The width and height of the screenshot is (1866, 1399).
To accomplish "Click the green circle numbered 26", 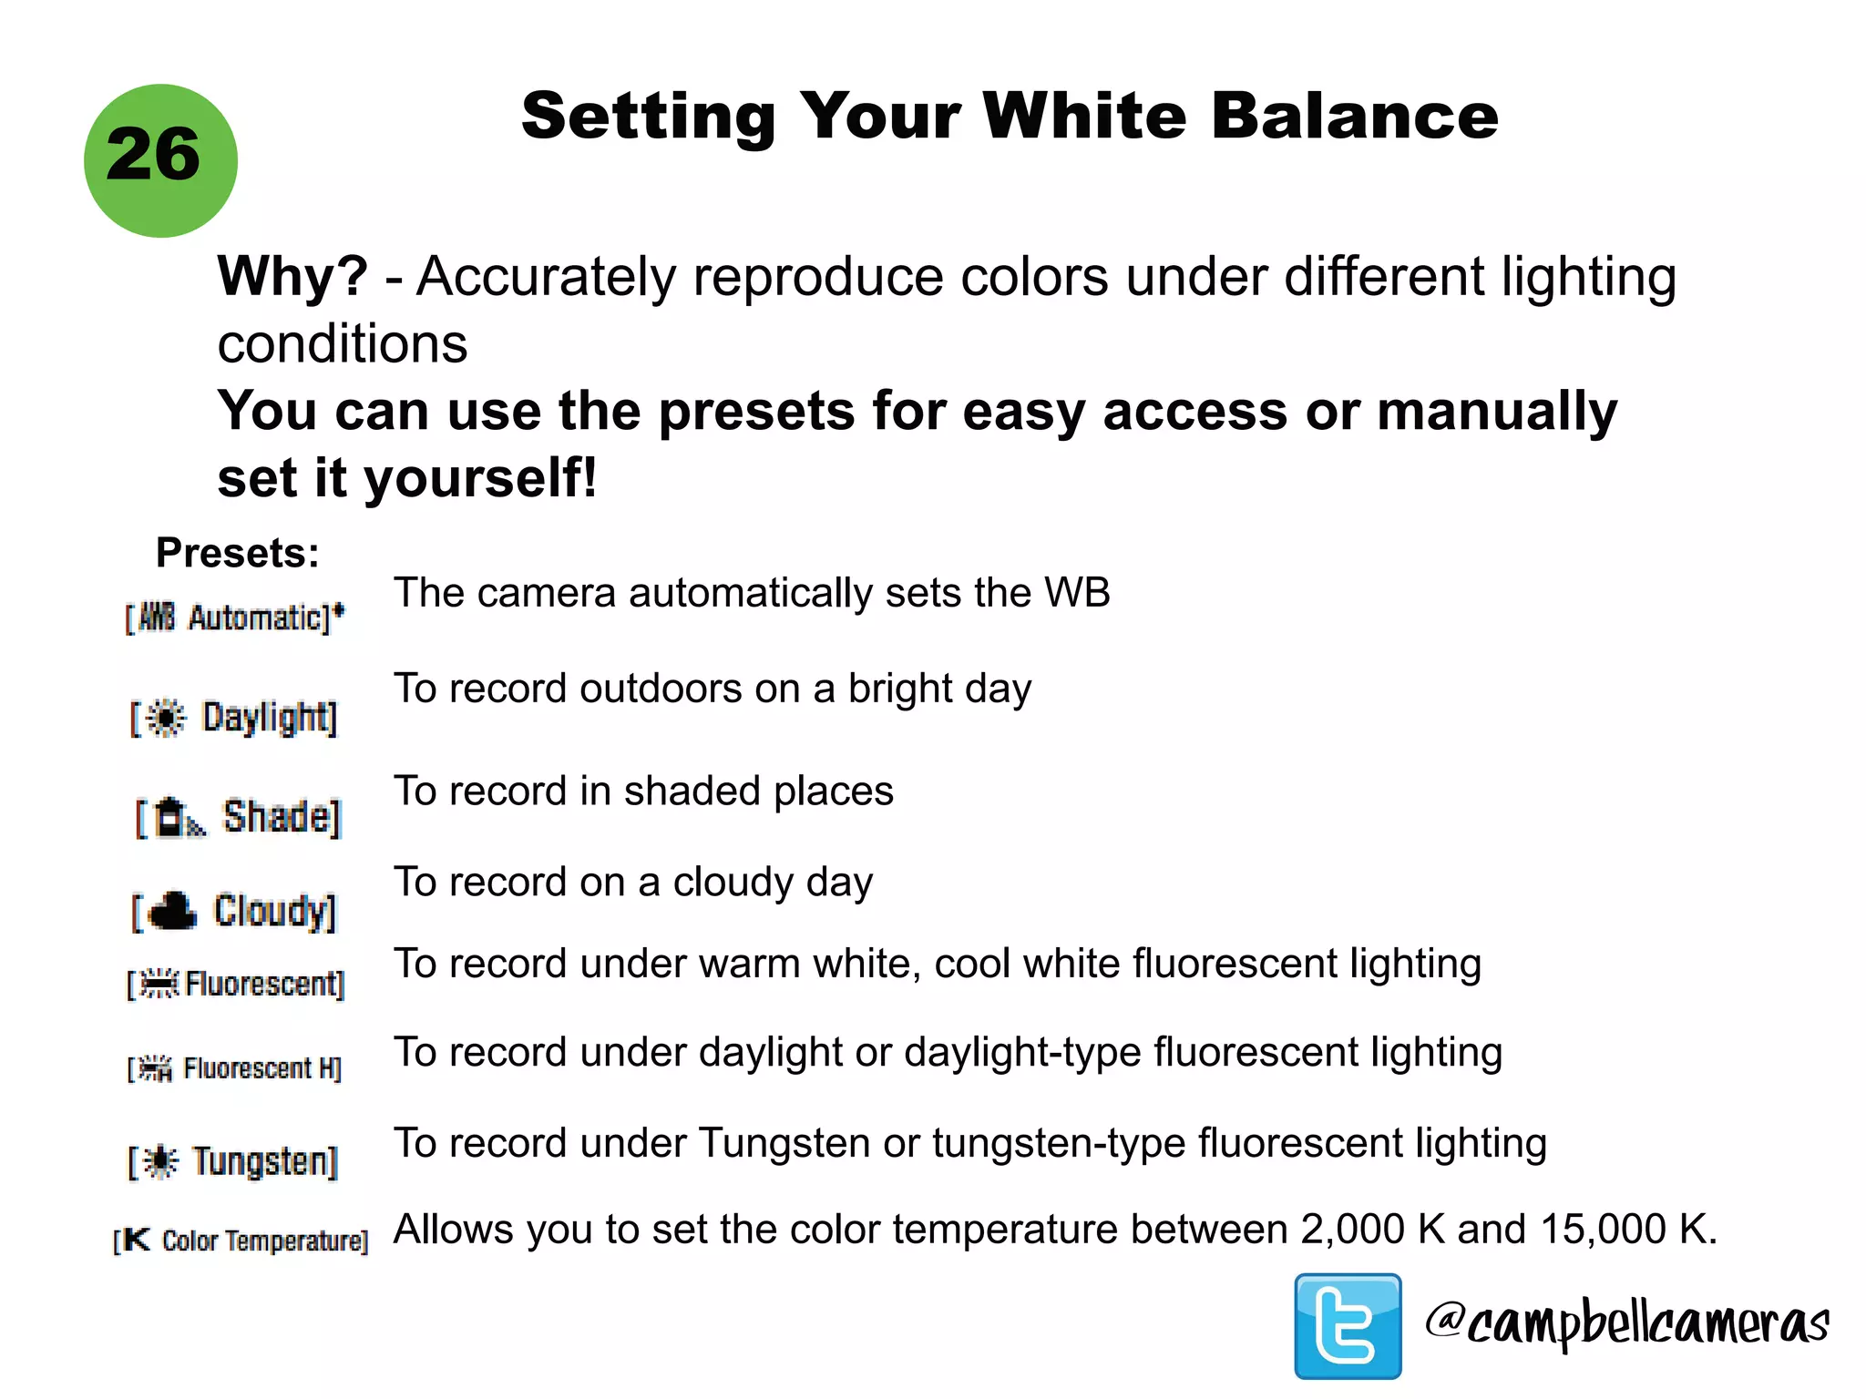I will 160,160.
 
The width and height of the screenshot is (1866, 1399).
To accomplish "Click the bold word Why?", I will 292,276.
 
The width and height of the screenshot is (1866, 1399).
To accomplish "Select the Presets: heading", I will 238,553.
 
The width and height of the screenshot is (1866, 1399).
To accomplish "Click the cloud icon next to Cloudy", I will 172,910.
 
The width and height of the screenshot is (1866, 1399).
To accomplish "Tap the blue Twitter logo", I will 1348,1325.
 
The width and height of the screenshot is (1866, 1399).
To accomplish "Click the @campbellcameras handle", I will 1626,1323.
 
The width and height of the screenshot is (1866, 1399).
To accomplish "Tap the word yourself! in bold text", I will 481,478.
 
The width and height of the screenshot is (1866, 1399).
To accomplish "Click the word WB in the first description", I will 1077,593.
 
